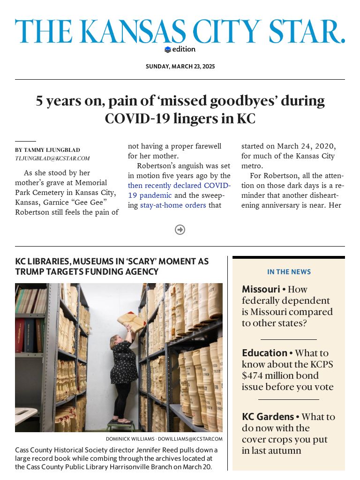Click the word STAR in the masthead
pyautogui.click(x=305, y=32)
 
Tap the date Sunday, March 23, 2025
pyautogui.click(x=180, y=67)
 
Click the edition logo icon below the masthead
pyautogui.click(x=168, y=50)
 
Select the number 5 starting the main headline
pyautogui.click(x=40, y=101)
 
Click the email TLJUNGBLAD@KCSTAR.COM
pyautogui.click(x=52, y=158)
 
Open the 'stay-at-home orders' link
pyautogui.click(x=173, y=205)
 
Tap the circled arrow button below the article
pyautogui.click(x=180, y=230)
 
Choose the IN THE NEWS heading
pyautogui.click(x=289, y=272)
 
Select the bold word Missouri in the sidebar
pyautogui.click(x=261, y=289)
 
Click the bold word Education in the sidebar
pyautogui.click(x=264, y=353)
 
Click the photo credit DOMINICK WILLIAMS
pyautogui.click(x=130, y=439)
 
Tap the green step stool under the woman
pyautogui.click(x=120, y=427)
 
